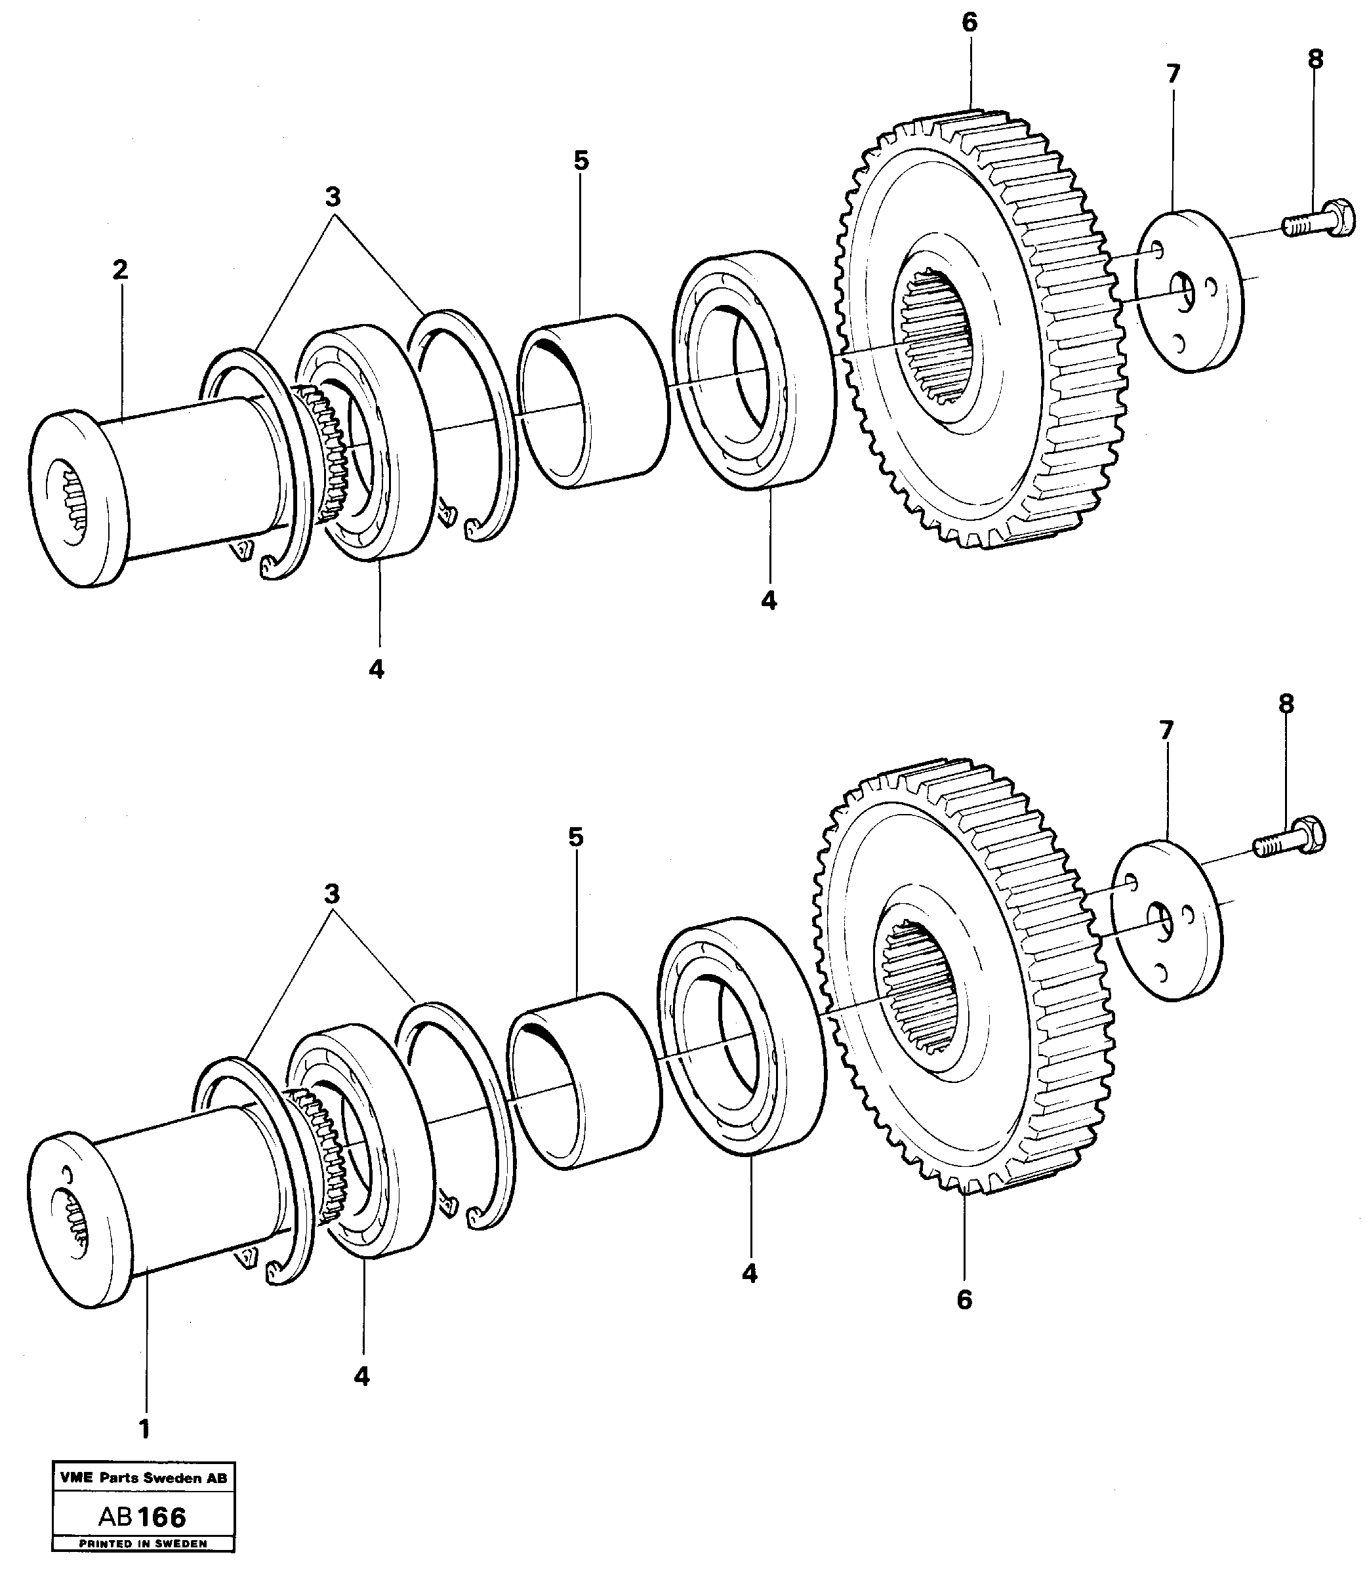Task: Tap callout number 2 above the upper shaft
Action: pos(120,270)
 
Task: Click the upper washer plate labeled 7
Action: pos(1189,292)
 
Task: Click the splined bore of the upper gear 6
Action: pos(937,338)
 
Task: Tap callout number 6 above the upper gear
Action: pos(969,23)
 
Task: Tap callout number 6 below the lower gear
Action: pos(964,1301)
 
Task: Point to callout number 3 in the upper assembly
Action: pos(333,197)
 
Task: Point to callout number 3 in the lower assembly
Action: pos(331,893)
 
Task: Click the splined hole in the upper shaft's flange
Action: pos(75,500)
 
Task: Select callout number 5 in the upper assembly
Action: pos(581,161)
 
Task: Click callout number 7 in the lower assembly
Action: pos(1166,731)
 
